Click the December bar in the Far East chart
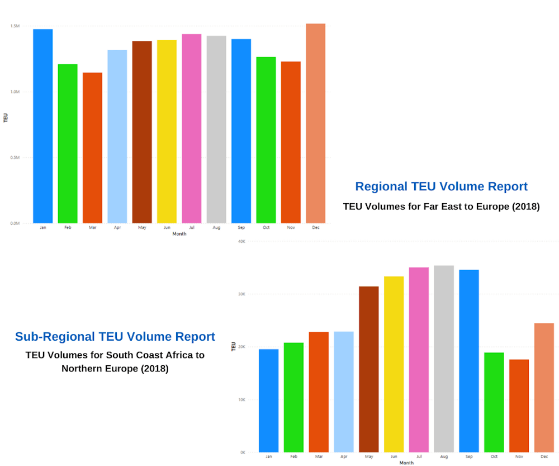[315, 123]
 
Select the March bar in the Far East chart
[92, 148]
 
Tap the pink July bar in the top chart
[191, 129]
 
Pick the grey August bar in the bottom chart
[444, 359]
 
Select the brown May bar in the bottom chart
[369, 369]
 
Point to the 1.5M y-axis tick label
[15, 26]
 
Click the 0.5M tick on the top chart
[15, 158]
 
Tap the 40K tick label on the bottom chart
[242, 242]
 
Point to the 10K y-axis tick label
[242, 400]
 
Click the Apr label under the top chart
[117, 228]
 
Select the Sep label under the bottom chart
[469, 457]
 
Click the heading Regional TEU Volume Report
[441, 186]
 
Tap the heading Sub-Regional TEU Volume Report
[115, 337]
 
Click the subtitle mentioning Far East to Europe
[441, 206]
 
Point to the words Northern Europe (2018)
[115, 369]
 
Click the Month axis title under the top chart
[179, 234]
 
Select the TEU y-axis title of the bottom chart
[233, 347]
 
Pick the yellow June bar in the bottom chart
[394, 364]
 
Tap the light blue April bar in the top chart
[117, 136]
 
